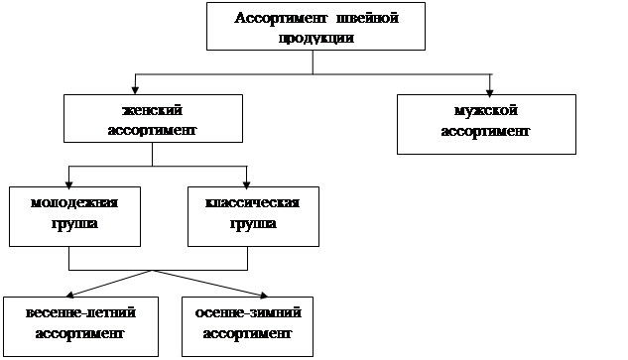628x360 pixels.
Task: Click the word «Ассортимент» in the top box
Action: click(281, 19)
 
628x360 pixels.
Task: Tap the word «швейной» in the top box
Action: click(367, 18)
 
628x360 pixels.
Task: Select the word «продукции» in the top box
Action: click(316, 39)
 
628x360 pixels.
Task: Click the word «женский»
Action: click(152, 110)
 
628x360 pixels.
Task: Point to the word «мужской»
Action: click(486, 111)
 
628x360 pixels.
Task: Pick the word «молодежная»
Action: click(74, 202)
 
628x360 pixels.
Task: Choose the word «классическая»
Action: click(252, 202)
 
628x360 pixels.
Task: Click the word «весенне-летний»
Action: click(80, 312)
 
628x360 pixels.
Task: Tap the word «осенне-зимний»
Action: click(248, 312)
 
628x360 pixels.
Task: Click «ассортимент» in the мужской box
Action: click(485, 131)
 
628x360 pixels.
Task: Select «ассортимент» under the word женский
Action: click(152, 130)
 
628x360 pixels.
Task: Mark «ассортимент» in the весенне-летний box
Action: click(79, 333)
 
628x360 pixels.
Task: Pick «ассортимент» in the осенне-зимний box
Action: click(247, 333)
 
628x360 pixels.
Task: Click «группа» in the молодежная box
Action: click(74, 223)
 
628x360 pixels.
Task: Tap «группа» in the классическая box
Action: click(253, 223)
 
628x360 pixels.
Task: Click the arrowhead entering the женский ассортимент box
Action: click(135, 90)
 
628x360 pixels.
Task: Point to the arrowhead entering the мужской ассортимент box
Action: click(489, 93)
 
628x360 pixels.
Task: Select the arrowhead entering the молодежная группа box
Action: click(68, 185)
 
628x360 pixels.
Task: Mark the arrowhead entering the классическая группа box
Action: click(247, 185)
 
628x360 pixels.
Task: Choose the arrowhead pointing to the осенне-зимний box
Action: click(264, 296)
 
